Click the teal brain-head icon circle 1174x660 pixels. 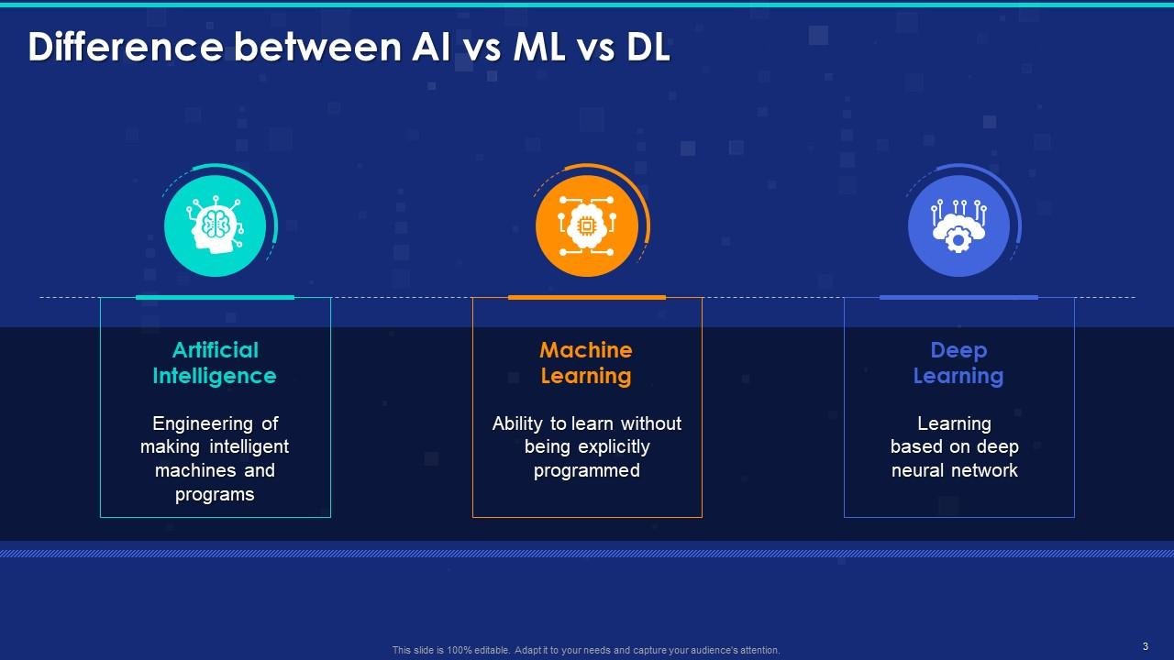tap(215, 225)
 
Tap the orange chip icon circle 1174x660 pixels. tap(587, 225)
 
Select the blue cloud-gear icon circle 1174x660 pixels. tap(958, 225)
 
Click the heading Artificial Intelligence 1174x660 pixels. tap(215, 363)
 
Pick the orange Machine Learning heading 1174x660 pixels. tap(586, 363)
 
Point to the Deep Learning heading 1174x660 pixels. tap(958, 363)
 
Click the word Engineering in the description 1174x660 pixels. tap(203, 423)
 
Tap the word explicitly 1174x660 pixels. tap(616, 447)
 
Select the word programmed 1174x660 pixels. tap(587, 470)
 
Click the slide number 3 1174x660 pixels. tap(1146, 646)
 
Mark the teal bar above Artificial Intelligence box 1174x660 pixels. tap(215, 297)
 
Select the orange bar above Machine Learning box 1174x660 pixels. tap(587, 297)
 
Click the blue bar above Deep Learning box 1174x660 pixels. tap(958, 297)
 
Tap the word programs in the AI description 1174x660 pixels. tap(215, 494)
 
